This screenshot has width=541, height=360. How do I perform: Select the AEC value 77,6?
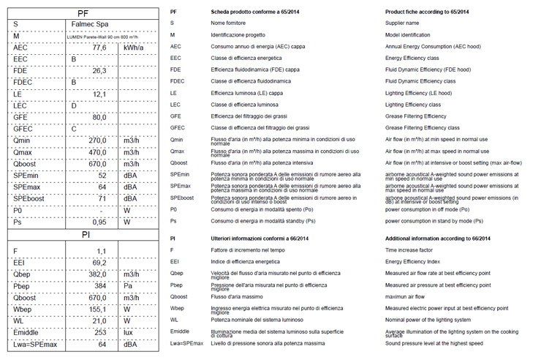point(99,48)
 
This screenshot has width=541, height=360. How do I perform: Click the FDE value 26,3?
point(99,71)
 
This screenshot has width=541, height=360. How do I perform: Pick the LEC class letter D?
point(74,105)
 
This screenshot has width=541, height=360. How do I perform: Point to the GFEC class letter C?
point(74,129)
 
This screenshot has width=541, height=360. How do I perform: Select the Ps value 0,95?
point(99,222)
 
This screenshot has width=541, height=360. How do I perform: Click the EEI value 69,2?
point(99,261)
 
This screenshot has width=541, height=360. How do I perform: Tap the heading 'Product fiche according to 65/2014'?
point(427,12)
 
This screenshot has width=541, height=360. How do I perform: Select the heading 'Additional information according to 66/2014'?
point(437,239)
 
